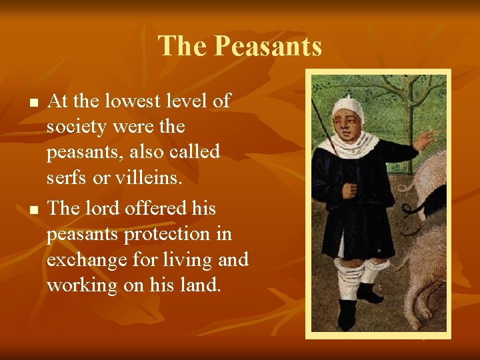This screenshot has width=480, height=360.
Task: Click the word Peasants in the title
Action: pos(269,47)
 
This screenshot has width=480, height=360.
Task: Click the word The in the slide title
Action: pos(182,47)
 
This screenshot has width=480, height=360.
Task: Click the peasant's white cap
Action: pos(347,106)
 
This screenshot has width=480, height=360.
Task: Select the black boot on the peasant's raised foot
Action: pos(368,293)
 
